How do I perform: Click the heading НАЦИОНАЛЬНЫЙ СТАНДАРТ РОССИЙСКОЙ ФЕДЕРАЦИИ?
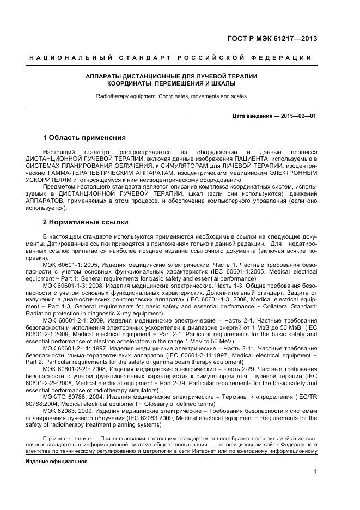[x=170, y=58]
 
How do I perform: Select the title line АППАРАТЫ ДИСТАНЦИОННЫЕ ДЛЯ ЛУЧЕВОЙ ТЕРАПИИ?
[x=171, y=76]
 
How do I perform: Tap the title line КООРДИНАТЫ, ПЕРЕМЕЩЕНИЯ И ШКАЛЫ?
[x=171, y=84]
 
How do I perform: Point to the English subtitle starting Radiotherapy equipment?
[x=171, y=96]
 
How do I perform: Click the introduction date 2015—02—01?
[x=299, y=116]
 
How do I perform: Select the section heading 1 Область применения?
[x=84, y=138]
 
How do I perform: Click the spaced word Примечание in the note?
[x=66, y=439]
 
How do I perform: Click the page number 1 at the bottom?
[x=315, y=472]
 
